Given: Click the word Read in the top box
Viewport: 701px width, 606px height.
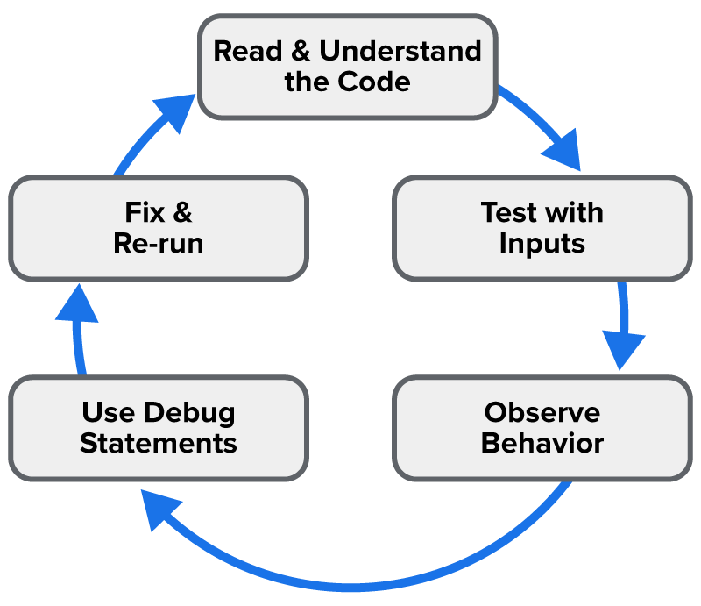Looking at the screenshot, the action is click(x=248, y=51).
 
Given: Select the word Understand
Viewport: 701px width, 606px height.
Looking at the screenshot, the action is click(x=400, y=51).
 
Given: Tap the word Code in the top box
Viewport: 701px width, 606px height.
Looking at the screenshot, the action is click(x=374, y=82).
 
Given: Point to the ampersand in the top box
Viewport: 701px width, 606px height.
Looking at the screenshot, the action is click(x=301, y=51).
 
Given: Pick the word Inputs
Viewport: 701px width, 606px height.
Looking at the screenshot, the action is click(x=542, y=245).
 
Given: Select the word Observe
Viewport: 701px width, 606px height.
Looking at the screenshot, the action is click(x=542, y=412).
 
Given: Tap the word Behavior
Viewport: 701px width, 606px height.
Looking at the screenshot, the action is click(x=542, y=443).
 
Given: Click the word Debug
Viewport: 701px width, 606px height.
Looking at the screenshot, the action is click(x=189, y=413).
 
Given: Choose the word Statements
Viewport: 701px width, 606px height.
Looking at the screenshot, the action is click(x=159, y=443).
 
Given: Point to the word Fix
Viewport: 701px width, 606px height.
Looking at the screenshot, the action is click(x=145, y=212).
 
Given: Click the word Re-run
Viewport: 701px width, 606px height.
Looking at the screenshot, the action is click(x=159, y=243).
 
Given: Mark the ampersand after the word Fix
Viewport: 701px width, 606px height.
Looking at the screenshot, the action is click(x=182, y=212).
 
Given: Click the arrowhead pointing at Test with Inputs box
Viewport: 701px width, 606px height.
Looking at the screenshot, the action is click(x=564, y=150).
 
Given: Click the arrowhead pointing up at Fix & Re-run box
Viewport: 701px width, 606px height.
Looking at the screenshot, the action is click(x=77, y=303).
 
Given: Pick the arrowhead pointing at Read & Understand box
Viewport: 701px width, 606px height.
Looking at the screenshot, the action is click(x=177, y=112).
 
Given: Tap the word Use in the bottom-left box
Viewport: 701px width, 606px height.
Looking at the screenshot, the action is click(x=108, y=412).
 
